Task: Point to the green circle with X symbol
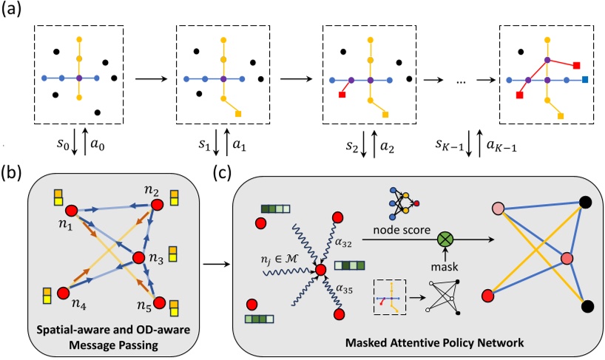[x=445, y=239]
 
